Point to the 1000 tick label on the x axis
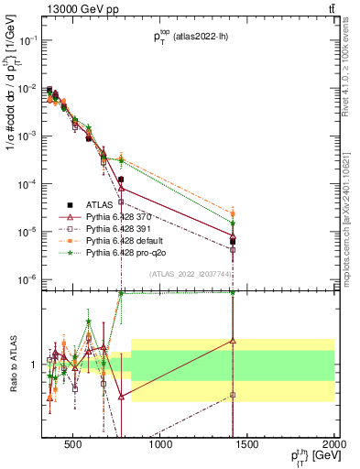[x=161, y=445]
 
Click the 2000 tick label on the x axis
[x=333, y=445]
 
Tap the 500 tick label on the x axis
[x=75, y=445]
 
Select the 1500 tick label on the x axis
[x=247, y=445]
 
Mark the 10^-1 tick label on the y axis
[x=27, y=40]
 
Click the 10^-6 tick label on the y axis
[x=27, y=278]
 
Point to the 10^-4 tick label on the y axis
[x=27, y=183]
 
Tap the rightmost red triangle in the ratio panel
[x=233, y=341]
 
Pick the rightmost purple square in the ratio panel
[x=233, y=395]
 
